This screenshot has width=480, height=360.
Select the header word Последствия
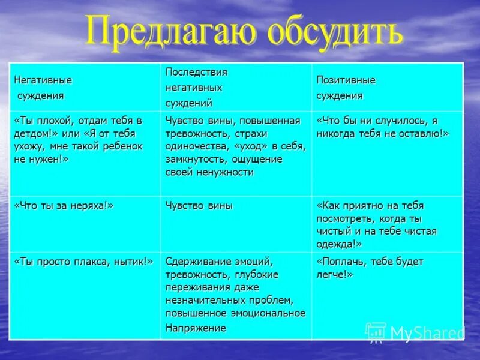(196, 72)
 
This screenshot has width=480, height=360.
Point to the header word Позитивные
(346, 80)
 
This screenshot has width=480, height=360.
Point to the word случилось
(390, 120)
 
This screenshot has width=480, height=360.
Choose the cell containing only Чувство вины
(199, 206)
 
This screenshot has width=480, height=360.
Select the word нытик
(135, 262)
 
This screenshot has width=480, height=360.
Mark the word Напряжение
(196, 328)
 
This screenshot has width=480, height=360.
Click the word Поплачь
(341, 262)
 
